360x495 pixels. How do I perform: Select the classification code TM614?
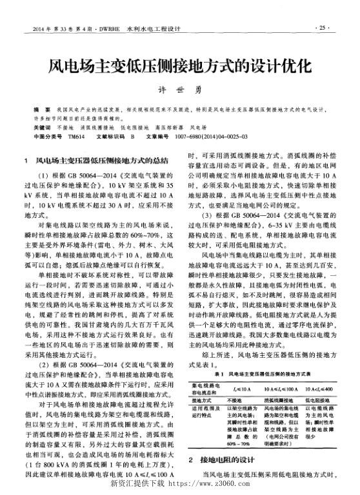click(75, 137)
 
